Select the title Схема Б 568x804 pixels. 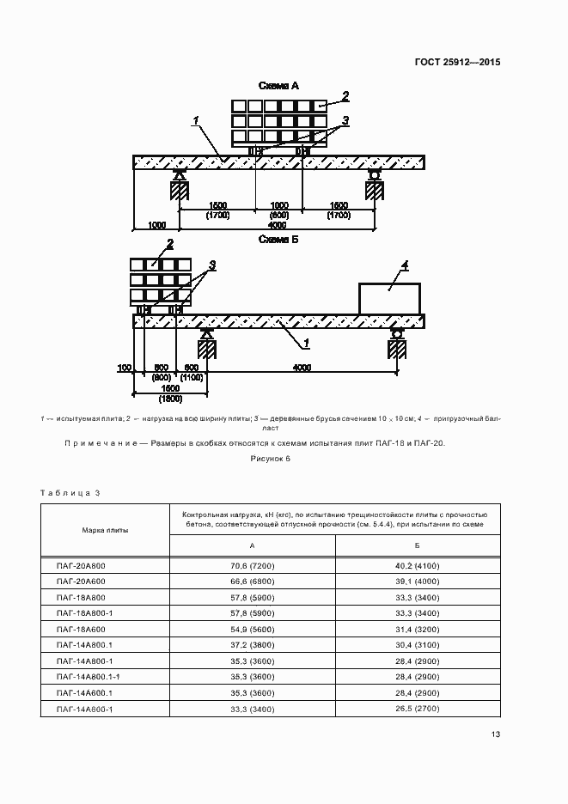click(278, 240)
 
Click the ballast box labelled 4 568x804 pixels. click(388, 299)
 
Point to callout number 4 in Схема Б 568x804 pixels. click(406, 266)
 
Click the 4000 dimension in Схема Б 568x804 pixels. click(302, 368)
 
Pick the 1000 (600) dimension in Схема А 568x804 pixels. click(279, 210)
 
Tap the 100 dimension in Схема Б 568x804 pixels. click(125, 368)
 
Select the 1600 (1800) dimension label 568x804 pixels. click(170, 394)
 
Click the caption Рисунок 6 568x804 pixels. click(272, 460)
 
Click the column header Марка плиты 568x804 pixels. click(106, 531)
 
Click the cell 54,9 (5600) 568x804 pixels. click(252, 630)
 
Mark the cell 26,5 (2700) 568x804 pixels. click(418, 709)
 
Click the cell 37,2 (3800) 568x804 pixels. click(252, 645)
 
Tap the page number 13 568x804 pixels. click(495, 734)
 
